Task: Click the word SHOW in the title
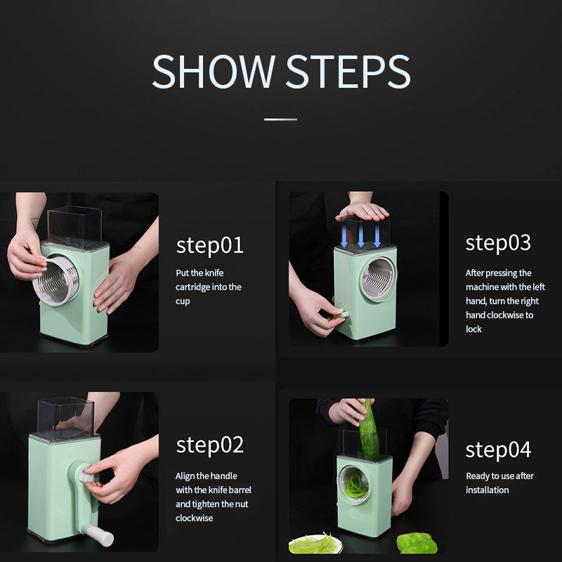[214, 71]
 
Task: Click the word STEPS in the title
[348, 71]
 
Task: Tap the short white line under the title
[280, 119]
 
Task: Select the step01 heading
[209, 245]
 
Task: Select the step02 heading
[209, 445]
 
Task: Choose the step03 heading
[498, 243]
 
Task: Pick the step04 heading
[498, 450]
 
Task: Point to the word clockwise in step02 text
[194, 518]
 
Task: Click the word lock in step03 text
[473, 329]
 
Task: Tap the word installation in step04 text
[487, 490]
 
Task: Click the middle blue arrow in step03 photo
[361, 235]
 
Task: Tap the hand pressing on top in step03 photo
[362, 211]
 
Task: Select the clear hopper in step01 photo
[74, 226]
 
